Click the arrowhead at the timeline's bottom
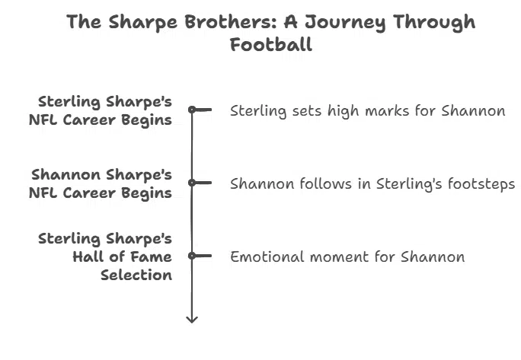pos(192,317)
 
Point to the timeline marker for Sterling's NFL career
pos(193,110)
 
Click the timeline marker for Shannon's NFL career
pos(193,183)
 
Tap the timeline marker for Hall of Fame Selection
pos(193,256)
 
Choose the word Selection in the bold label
pos(136,275)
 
